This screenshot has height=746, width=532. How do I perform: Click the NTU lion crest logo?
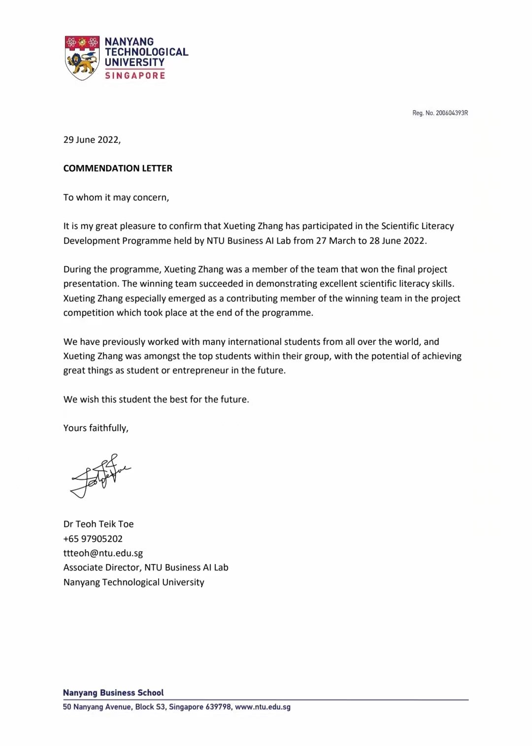(x=82, y=58)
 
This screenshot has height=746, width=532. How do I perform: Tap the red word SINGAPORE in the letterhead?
(x=135, y=75)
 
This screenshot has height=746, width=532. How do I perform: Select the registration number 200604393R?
(x=452, y=113)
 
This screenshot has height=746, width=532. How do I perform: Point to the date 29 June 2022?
(x=92, y=139)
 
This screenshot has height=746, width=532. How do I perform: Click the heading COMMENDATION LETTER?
(x=118, y=168)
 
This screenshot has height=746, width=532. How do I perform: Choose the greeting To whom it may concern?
(x=116, y=197)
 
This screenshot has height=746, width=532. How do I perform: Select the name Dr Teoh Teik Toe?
(x=99, y=524)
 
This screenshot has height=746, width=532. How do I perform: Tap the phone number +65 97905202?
(x=93, y=539)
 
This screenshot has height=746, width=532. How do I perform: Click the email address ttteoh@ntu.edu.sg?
(x=103, y=553)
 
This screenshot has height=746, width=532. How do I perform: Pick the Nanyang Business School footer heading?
(x=113, y=692)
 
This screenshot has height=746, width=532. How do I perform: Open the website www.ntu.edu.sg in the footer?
(x=263, y=707)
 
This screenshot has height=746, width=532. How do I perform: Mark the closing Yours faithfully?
(x=96, y=428)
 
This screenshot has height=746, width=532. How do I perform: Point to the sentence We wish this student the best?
(x=156, y=399)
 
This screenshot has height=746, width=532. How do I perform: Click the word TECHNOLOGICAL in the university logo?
(x=146, y=52)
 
